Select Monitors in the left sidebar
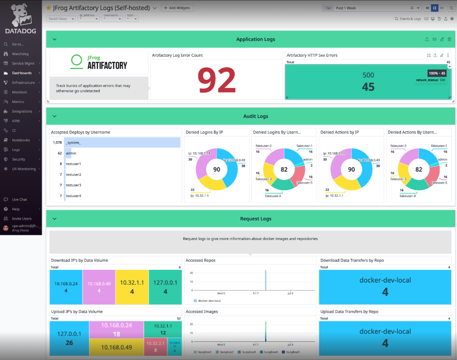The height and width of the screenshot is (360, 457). (19, 92)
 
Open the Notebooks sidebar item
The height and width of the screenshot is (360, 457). (21, 140)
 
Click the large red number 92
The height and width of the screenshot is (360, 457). (216, 80)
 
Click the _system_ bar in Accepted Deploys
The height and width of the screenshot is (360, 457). (122, 142)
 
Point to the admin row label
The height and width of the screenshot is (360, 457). (71, 153)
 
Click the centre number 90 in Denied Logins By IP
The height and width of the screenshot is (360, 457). (217, 170)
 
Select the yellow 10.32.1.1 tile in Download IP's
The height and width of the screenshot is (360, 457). (132, 287)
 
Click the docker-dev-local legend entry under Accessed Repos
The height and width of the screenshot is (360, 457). (209, 301)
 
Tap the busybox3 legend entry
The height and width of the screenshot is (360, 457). (249, 352)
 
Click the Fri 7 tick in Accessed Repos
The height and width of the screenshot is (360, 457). (256, 293)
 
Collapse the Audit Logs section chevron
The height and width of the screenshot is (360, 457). (55, 116)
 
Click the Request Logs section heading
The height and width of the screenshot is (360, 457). (255, 219)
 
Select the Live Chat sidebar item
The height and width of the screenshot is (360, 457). (19, 199)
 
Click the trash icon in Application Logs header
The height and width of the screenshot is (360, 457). (449, 39)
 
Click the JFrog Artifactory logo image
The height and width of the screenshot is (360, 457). (99, 62)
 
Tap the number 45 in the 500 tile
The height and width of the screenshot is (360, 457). (368, 87)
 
